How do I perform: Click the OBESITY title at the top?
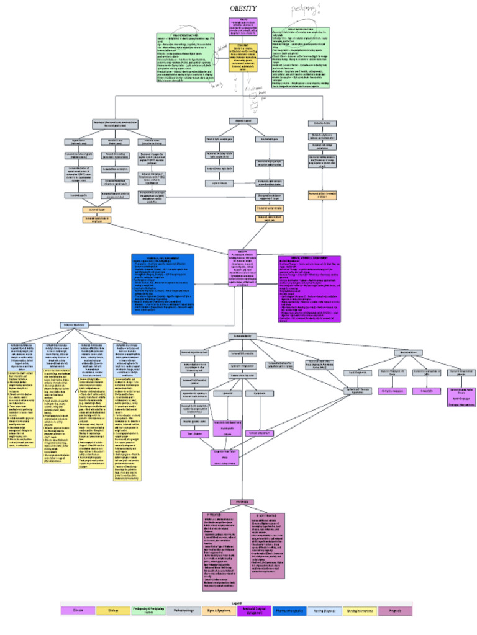tap(239, 9)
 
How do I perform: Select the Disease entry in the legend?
tap(81, 611)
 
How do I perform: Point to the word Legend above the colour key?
tap(238, 602)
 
